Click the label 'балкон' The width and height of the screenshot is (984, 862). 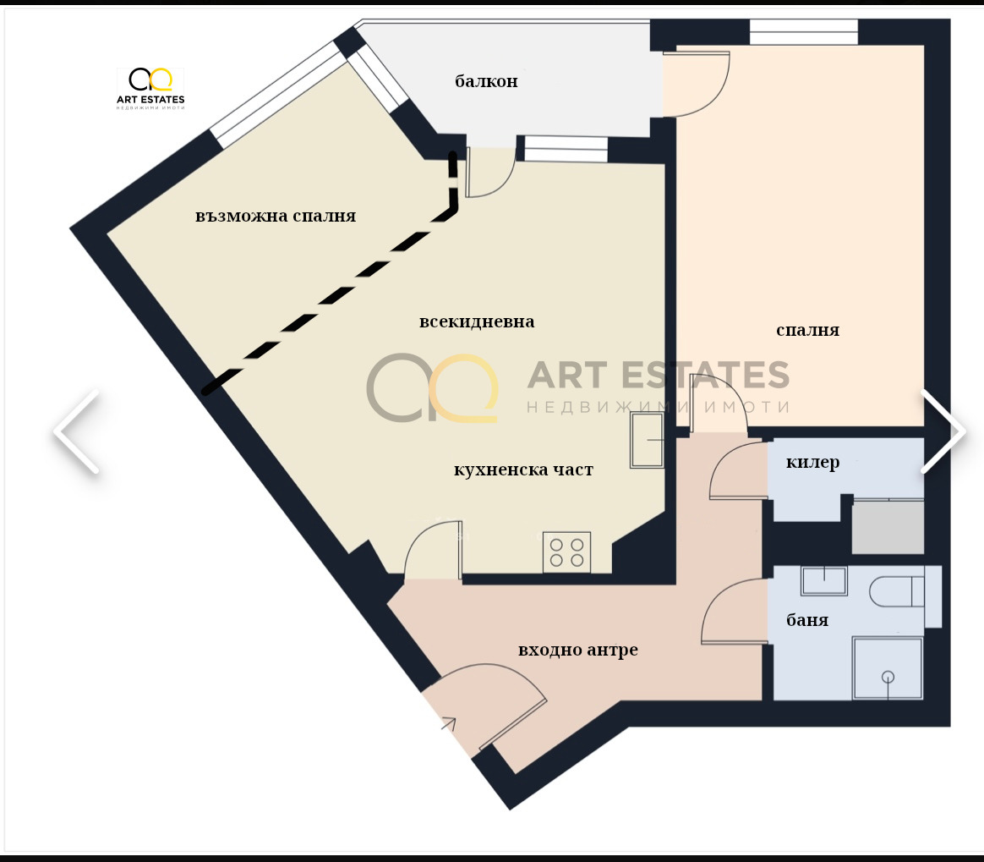point(486,82)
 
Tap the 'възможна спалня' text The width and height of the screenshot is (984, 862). point(276,216)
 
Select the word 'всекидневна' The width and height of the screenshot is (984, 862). point(477,322)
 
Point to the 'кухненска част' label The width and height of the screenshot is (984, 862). point(523,469)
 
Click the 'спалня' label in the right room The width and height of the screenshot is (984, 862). point(807,330)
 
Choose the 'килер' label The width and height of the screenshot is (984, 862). point(812,463)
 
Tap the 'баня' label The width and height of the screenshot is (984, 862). point(807,620)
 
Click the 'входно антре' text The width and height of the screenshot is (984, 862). point(577,650)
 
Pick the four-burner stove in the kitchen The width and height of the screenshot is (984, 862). point(566,552)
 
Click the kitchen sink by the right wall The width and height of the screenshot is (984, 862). point(648,441)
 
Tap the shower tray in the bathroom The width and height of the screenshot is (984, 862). point(887,668)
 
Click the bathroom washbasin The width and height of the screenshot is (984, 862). point(823,581)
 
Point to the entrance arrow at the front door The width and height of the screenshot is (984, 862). point(446,722)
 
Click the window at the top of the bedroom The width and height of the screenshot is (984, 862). point(803,32)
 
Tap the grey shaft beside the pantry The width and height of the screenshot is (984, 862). point(887,527)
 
